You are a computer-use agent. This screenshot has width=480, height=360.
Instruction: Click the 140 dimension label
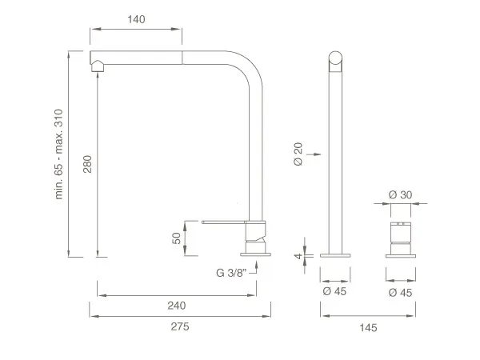(x=136, y=19)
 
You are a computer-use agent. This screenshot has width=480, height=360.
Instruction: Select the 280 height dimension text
(x=87, y=164)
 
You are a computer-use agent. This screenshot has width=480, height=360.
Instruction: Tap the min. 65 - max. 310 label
(x=58, y=154)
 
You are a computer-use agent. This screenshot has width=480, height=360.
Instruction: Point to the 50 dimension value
(x=177, y=238)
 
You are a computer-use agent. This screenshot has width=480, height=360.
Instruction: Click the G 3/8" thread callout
(x=231, y=273)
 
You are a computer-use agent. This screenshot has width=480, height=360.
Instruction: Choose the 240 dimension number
(x=177, y=306)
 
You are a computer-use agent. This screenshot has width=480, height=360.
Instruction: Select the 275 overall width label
(x=180, y=326)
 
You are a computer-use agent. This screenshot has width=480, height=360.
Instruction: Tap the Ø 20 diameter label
(x=298, y=154)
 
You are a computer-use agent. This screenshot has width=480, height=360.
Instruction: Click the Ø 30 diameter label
(x=401, y=194)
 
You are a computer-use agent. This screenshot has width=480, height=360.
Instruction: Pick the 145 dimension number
(x=368, y=328)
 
